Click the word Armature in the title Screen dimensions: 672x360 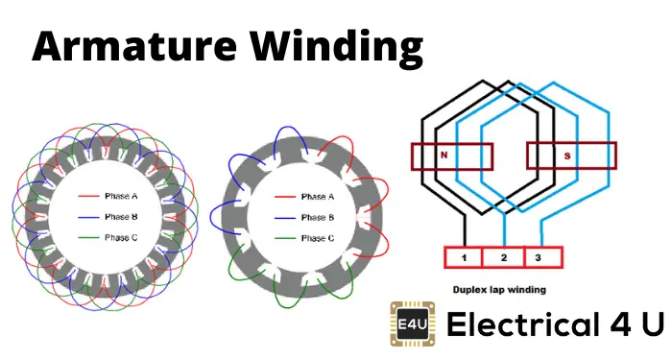[134, 45]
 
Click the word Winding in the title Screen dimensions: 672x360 [336, 48]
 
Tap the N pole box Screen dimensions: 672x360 [452, 156]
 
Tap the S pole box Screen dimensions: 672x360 [572, 156]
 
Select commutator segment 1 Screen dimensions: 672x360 [464, 257]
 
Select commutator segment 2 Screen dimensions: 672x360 [504, 257]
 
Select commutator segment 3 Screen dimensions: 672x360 [543, 257]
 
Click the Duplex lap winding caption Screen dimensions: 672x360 [499, 290]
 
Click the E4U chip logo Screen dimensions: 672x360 [412, 324]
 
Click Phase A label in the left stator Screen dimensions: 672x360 [121, 196]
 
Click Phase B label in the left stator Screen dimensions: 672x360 [121, 217]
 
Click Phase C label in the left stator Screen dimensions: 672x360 [121, 237]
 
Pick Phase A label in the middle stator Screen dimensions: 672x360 [318, 197]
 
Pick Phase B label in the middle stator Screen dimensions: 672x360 [318, 217]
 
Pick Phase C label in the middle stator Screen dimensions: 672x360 [318, 238]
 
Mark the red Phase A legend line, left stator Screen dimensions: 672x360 [88, 196]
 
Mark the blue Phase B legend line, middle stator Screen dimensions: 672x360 [285, 218]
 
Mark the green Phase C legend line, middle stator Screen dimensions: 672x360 [285, 238]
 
